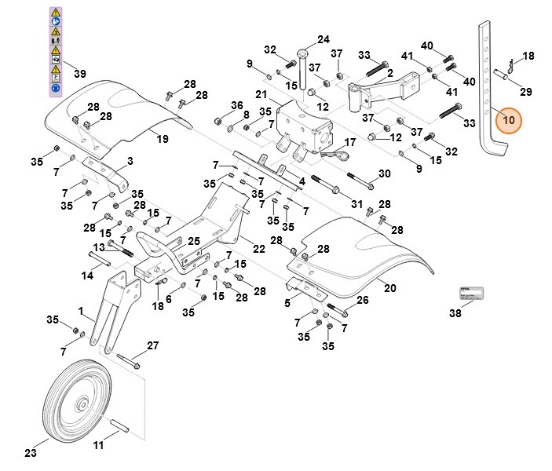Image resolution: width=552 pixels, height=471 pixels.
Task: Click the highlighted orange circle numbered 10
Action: tap(508, 121)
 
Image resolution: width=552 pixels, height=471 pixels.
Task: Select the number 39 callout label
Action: tap(79, 73)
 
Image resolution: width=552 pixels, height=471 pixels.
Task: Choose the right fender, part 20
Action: tap(353, 251)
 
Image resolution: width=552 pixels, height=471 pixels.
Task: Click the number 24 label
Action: tap(324, 39)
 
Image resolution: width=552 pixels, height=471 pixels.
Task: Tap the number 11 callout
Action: tap(98, 446)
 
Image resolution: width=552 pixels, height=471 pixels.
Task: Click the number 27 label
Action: tap(152, 345)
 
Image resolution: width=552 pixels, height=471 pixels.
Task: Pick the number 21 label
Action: tap(261, 95)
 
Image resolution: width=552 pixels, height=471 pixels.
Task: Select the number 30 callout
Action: tap(384, 173)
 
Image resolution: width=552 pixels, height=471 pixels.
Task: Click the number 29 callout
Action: tap(525, 91)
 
